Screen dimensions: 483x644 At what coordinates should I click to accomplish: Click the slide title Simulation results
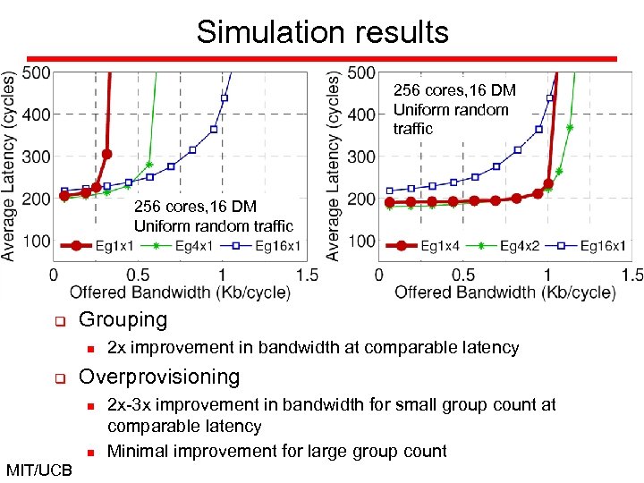[x=322, y=32]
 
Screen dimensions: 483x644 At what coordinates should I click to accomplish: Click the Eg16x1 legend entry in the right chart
[x=601, y=245]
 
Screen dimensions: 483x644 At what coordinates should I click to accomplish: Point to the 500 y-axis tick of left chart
[x=36, y=72]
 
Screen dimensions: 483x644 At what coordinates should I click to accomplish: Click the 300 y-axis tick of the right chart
[x=361, y=157]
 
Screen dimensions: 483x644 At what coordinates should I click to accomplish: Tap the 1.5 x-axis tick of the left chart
[x=307, y=275]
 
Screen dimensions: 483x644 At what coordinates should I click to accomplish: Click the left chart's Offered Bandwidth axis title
[x=180, y=292]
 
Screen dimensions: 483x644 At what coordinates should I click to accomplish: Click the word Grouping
[x=123, y=319]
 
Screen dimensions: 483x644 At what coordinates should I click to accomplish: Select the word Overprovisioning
[x=159, y=377]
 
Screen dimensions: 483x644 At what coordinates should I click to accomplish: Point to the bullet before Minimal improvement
[x=90, y=452]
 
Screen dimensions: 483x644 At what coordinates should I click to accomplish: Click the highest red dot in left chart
[x=106, y=154]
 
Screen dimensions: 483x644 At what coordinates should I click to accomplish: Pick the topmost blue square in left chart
[x=224, y=97]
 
